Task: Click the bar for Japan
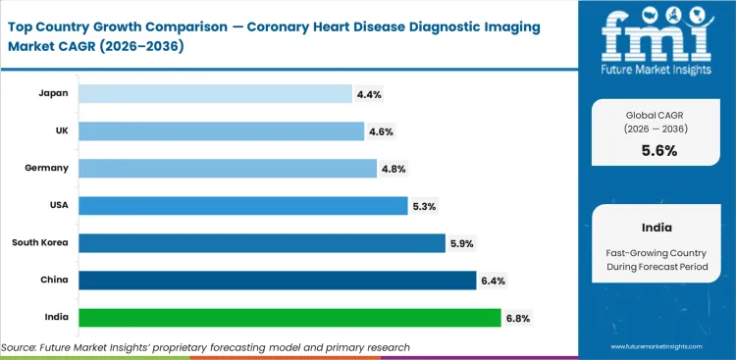pos(215,93)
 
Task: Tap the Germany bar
pos(227,168)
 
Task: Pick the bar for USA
pos(242,205)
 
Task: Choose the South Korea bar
pos(261,242)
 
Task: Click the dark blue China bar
pos(277,281)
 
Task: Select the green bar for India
pos(289,318)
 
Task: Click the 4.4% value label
pos(369,94)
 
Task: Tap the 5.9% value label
pos(461,243)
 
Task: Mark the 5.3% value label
pos(424,206)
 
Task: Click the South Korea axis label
pos(40,242)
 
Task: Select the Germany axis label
pos(46,168)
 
